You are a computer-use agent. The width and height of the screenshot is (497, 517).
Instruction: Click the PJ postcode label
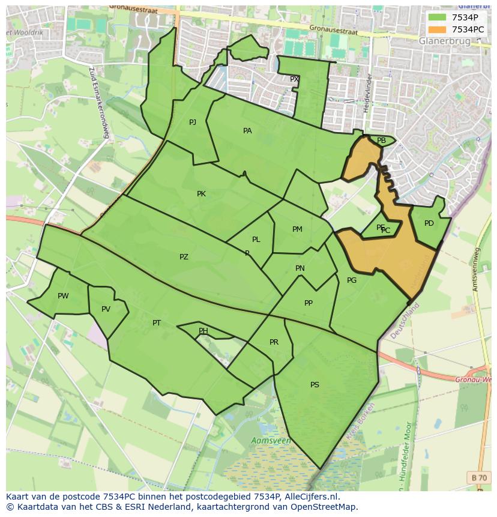tap(193, 122)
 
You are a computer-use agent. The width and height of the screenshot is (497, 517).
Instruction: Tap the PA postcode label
tap(247, 131)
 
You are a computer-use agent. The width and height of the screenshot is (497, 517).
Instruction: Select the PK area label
tap(201, 194)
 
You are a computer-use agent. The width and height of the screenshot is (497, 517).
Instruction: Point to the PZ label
tap(184, 257)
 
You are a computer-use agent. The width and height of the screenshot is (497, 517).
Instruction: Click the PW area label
tap(63, 296)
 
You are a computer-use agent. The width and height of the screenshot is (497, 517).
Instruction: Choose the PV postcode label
tap(106, 309)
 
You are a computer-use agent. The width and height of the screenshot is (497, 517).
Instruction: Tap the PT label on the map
tap(157, 323)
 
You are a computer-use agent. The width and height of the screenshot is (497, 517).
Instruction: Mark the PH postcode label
tap(203, 331)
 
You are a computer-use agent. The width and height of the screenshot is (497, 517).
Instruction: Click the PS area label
tap(315, 385)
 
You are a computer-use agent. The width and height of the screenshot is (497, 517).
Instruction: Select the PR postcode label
tap(274, 342)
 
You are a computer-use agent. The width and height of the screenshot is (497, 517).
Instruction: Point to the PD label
tap(429, 223)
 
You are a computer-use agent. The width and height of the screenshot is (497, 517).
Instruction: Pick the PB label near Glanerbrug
tap(381, 141)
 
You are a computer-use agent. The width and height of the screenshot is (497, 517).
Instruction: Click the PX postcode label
tap(294, 79)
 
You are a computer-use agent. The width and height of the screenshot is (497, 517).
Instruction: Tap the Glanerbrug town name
tap(445, 41)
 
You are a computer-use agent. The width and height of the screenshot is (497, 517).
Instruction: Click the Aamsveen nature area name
tap(271, 441)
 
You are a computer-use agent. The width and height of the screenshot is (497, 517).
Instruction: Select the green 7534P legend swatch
tap(436, 17)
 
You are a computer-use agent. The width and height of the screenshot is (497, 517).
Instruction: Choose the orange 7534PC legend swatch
tap(436, 29)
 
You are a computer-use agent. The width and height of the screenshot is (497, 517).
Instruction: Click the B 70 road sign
tap(479, 477)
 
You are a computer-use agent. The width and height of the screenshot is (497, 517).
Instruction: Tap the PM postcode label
tap(297, 229)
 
